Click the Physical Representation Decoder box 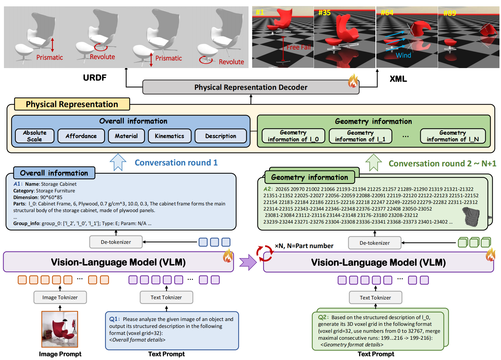click(251, 87)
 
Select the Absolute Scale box click(35, 136)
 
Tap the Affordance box click(81, 136)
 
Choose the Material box click(126, 136)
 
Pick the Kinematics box click(170, 136)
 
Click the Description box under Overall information click(220, 136)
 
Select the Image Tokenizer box click(60, 297)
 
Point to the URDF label click(94, 78)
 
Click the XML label click(398, 79)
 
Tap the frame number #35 click(324, 13)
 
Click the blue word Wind click(403, 55)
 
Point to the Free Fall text click(298, 47)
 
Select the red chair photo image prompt click(60, 329)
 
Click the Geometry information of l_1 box click(360, 136)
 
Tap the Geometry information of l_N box click(453, 136)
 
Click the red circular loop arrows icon click(264, 253)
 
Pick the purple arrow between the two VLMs click(248, 262)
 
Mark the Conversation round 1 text click(176, 163)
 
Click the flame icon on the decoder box click(353, 81)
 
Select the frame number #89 click(450, 13)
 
